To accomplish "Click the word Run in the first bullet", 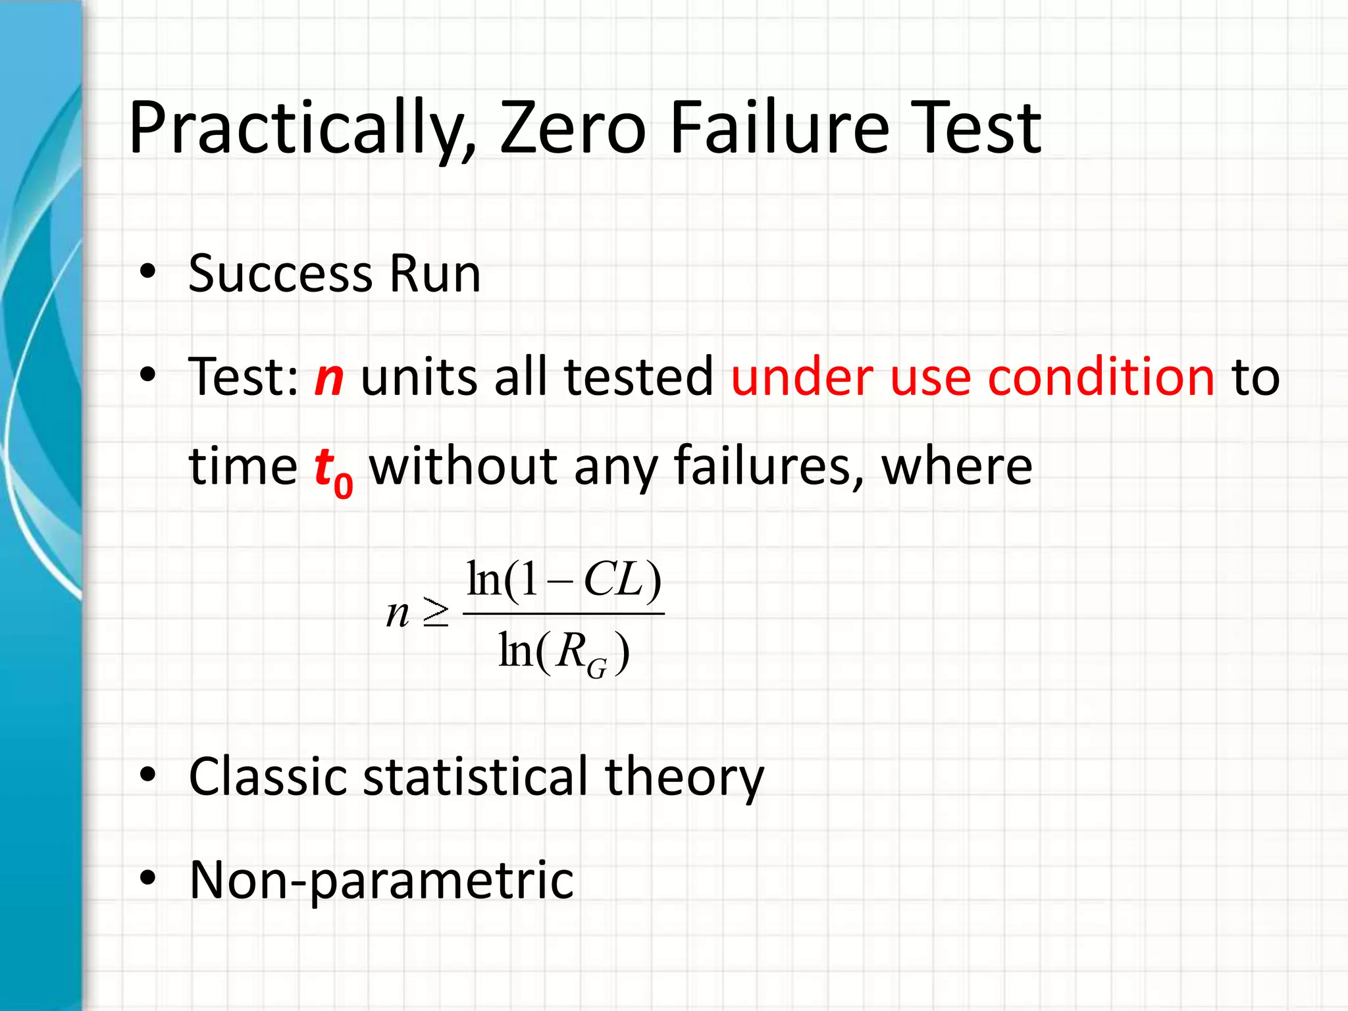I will tap(434, 273).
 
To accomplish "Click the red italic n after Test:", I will tap(329, 377).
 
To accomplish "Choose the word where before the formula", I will tap(956, 466).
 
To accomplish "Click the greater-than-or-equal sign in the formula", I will tap(435, 613).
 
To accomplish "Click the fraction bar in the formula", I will tap(563, 613).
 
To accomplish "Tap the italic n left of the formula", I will tap(398, 613).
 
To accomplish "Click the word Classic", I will tap(268, 777).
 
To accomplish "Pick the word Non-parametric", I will tap(382, 880).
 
